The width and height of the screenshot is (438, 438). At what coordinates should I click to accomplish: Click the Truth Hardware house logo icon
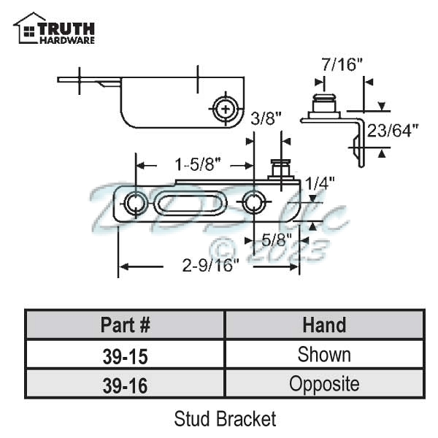[28, 28]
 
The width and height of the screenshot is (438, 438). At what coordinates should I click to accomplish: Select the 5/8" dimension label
[278, 239]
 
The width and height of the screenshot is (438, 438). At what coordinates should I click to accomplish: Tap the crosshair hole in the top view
[226, 109]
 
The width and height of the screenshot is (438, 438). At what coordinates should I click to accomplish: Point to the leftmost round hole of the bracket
[134, 204]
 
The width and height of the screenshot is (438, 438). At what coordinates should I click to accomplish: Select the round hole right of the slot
[253, 203]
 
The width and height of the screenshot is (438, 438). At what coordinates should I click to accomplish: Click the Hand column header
[324, 325]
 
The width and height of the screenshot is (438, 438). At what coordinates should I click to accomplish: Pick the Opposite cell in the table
[324, 384]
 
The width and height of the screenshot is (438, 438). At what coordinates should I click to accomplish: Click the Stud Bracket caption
[225, 419]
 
